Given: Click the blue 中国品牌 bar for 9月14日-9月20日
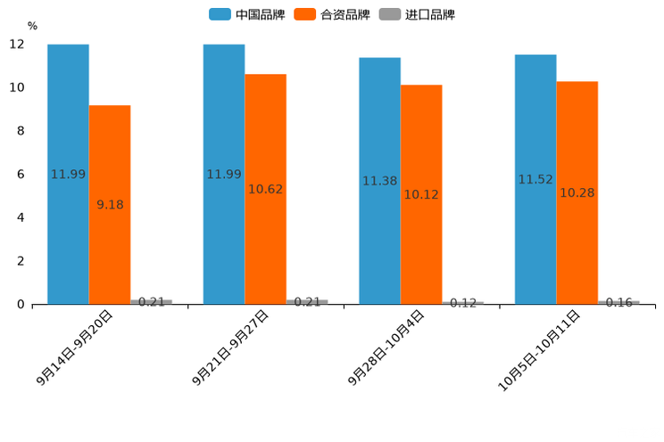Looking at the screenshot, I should tap(68, 174).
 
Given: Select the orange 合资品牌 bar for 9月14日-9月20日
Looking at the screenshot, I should tap(110, 205).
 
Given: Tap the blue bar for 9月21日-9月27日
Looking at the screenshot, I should tap(224, 174).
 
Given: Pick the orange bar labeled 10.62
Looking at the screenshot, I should tap(265, 189).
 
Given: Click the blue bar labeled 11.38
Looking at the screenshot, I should tap(379, 181).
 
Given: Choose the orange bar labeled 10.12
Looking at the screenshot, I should tap(421, 194).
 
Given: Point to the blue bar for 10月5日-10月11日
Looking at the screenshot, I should tap(535, 179).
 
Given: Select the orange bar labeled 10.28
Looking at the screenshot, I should tap(577, 192).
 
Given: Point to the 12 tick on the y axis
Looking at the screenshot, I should tap(17, 45).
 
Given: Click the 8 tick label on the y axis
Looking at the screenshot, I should tap(21, 131).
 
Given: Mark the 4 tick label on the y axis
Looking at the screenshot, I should tap(21, 217).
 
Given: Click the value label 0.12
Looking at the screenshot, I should tap(463, 303).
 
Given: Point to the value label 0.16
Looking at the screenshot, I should tap(619, 302).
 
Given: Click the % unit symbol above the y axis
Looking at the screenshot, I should tap(32, 26).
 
